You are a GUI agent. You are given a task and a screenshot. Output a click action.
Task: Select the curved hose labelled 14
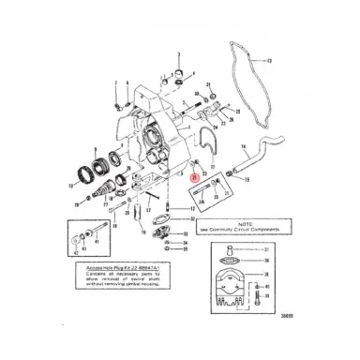coord(272,151)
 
